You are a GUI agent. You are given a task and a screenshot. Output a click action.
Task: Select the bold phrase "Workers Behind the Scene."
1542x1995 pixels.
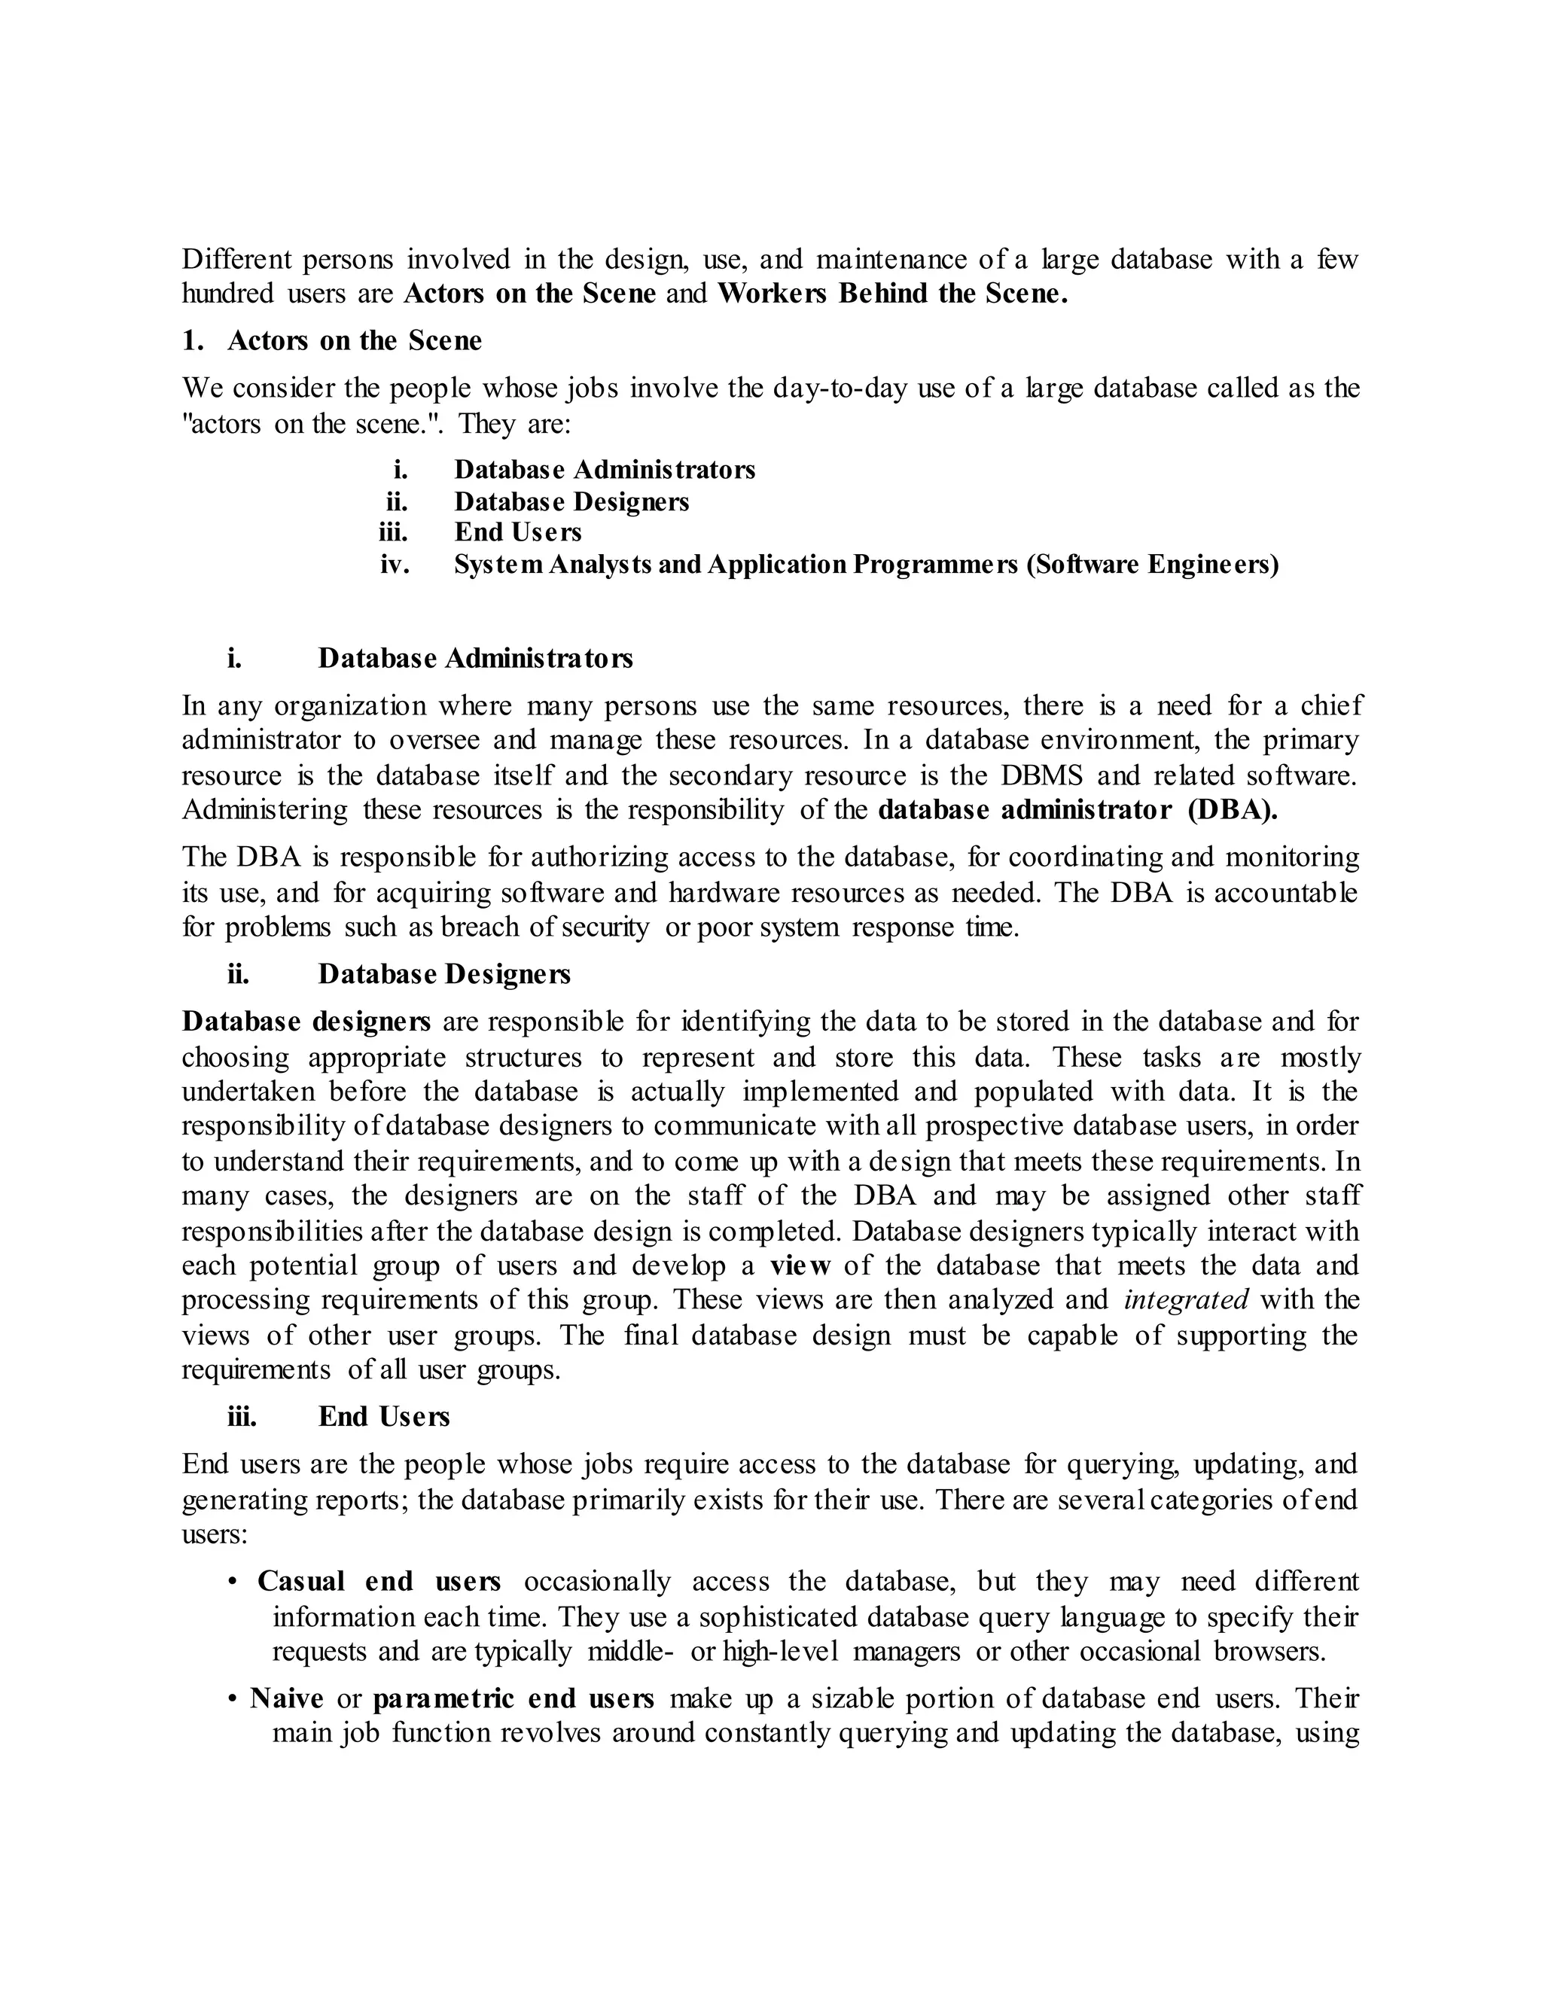[x=891, y=294]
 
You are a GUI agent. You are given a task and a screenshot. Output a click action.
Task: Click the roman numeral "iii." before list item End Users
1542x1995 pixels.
[x=393, y=531]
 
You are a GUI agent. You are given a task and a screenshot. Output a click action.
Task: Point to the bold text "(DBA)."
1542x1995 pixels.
[x=1233, y=810]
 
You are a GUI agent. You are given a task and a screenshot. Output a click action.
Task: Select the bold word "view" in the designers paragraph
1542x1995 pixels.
[x=800, y=1266]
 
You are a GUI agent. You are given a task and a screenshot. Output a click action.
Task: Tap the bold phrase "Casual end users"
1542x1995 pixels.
[x=379, y=1581]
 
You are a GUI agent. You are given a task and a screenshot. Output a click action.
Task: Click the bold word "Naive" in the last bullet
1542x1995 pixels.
[x=287, y=1698]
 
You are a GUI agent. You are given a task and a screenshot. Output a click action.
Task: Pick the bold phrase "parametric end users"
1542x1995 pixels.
[x=513, y=1698]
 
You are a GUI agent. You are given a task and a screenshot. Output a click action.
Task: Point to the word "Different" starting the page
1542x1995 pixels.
[x=235, y=260]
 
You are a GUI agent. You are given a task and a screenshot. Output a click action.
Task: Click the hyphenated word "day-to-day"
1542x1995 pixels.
[x=840, y=388]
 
